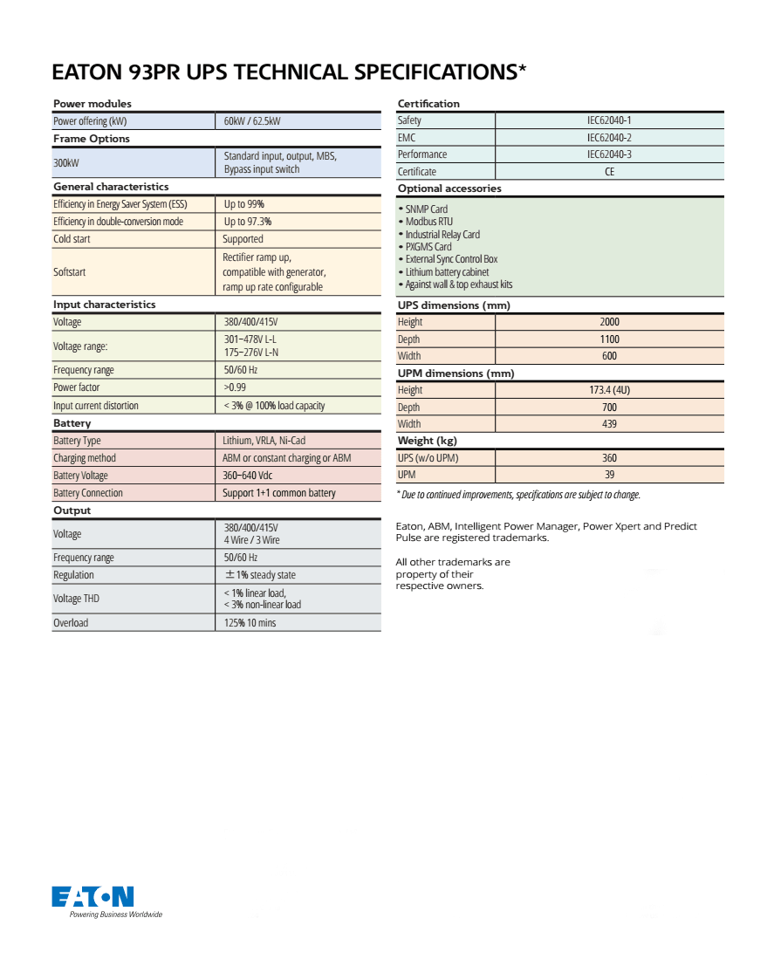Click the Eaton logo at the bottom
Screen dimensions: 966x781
pos(92,896)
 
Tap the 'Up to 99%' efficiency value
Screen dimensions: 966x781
pos(244,204)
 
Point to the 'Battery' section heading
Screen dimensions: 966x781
pos(72,423)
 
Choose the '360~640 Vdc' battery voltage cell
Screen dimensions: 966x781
pos(248,476)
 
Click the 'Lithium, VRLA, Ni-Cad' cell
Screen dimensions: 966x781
pos(264,441)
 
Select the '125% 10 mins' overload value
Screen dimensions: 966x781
pos(250,623)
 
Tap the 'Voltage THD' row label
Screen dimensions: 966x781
pos(77,599)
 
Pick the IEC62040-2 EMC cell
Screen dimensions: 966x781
pos(609,138)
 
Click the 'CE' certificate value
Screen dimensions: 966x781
pos(609,172)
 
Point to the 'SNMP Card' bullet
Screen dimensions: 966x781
pos(426,209)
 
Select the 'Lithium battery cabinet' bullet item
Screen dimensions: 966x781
pos(447,272)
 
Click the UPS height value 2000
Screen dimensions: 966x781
pos(609,322)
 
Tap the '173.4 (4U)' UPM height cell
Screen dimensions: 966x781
pos(609,390)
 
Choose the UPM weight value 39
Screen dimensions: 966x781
pos(609,475)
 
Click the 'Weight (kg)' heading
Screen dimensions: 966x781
pos(428,441)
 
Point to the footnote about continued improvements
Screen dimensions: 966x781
pos(519,495)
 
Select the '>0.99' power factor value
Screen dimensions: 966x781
pos(236,387)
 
